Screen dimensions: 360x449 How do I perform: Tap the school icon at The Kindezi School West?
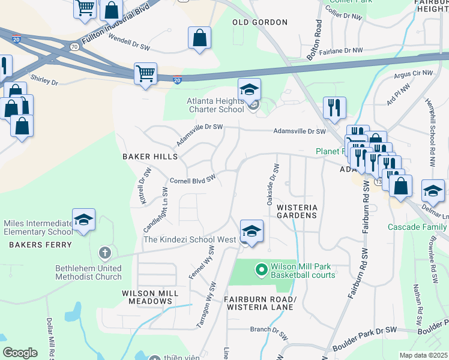(251, 231)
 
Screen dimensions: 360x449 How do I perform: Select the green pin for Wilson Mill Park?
(261, 270)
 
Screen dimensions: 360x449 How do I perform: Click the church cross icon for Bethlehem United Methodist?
(104, 253)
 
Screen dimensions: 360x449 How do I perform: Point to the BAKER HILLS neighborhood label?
(150, 157)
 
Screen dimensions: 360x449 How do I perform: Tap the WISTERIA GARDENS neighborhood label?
(296, 211)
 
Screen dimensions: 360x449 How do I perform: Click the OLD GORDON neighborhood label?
(260, 22)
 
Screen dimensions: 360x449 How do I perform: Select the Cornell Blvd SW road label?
(192, 180)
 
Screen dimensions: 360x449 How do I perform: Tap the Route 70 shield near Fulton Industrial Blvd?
(74, 46)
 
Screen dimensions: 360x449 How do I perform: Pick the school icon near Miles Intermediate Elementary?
(83, 219)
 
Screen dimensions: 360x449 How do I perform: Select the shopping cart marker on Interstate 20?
(145, 74)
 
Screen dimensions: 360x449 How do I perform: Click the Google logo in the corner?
(20, 353)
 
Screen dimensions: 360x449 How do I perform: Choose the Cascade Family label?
(417, 227)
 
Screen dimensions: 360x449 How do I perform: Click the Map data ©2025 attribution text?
(423, 355)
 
